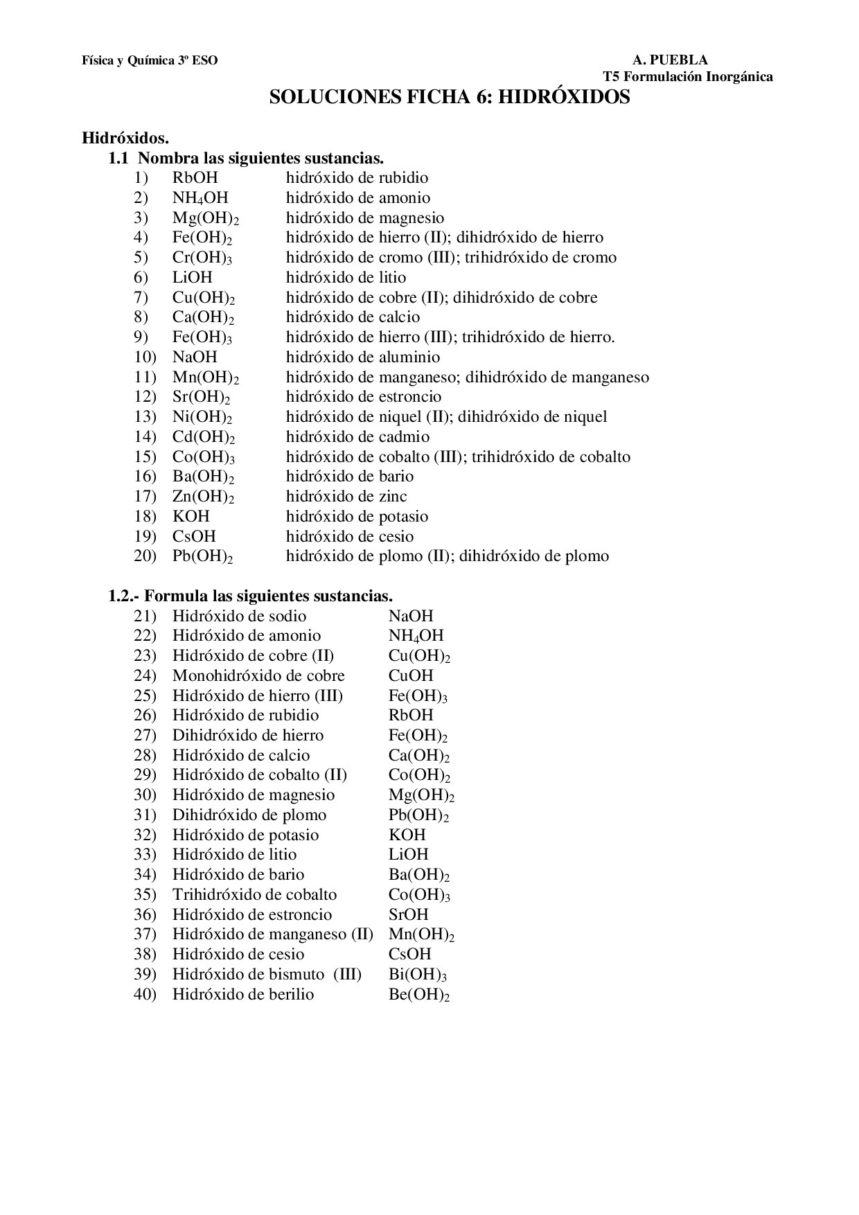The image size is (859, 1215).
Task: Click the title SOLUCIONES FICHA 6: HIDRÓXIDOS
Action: (449, 97)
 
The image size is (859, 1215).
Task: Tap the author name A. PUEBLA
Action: (670, 60)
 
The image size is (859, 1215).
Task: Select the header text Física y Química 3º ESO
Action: (150, 60)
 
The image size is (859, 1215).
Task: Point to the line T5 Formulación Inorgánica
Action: (687, 77)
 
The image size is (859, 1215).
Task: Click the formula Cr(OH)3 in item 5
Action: (202, 258)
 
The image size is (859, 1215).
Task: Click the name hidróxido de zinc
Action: (346, 497)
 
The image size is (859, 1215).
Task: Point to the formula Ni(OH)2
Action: (202, 417)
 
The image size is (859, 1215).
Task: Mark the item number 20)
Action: (145, 556)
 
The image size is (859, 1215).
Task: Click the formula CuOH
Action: (411, 676)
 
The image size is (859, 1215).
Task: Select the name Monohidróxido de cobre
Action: (258, 676)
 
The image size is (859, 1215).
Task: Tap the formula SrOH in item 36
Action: (409, 915)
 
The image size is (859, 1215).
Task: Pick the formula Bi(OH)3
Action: (418, 975)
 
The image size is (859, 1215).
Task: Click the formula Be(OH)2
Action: (419, 995)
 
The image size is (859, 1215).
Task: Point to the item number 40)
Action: (145, 995)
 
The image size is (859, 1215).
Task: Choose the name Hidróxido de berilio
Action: (242, 995)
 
